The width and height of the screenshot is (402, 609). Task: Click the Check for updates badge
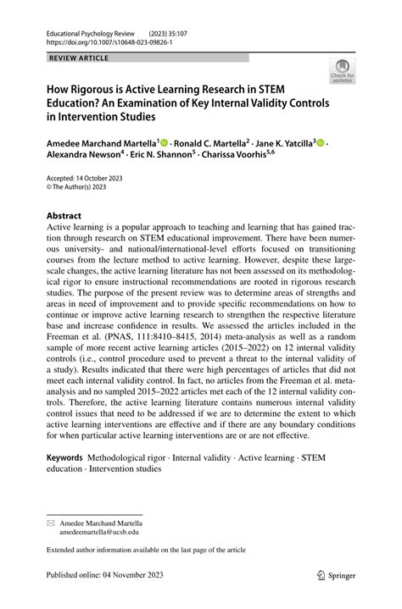click(343, 72)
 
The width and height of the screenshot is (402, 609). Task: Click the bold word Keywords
click(64, 457)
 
